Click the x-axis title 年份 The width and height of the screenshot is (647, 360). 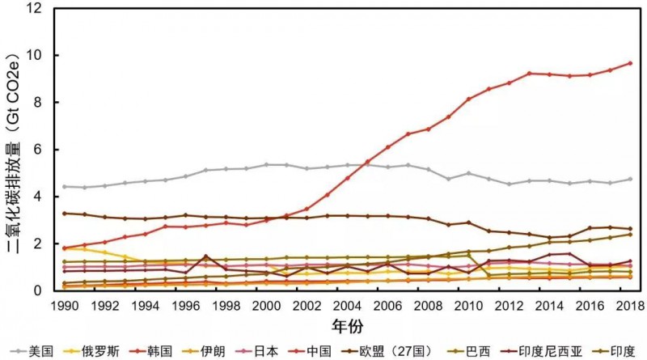click(348, 326)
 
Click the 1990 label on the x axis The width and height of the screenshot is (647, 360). click(64, 307)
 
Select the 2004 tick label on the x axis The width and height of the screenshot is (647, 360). click(347, 307)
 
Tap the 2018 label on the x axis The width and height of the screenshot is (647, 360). click(629, 307)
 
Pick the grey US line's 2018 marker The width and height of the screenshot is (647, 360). click(630, 179)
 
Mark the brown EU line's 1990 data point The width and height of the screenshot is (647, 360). click(65, 214)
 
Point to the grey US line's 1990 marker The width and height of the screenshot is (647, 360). click(65, 186)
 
